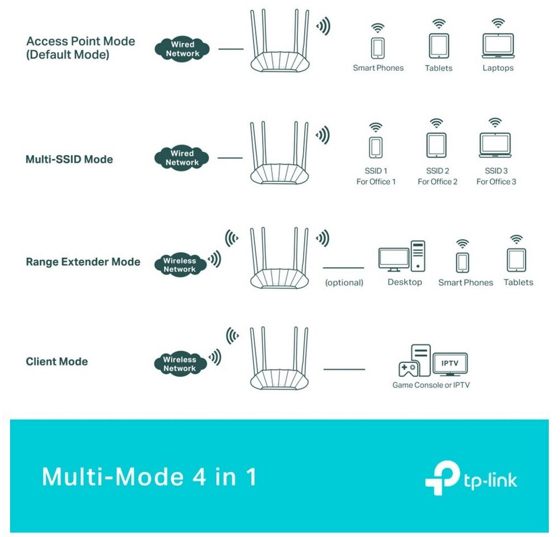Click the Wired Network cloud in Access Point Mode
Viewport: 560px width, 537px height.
coord(182,49)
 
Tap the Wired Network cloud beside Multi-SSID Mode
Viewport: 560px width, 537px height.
coord(182,158)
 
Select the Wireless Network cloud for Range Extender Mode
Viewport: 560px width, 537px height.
coord(180,265)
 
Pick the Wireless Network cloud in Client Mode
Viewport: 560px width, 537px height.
coord(180,364)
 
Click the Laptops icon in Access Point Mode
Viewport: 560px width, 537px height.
coord(498,46)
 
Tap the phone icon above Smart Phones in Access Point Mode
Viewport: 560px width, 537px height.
coord(378,47)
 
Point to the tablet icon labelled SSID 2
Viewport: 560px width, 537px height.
coord(437,145)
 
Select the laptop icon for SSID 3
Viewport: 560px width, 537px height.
coord(494,145)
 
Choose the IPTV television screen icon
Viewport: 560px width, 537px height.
coord(450,365)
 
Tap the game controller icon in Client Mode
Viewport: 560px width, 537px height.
coord(407,369)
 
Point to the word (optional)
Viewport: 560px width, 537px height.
coord(344,283)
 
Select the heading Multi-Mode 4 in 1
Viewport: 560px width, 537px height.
coord(149,477)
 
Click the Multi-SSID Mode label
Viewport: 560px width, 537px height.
coord(69,159)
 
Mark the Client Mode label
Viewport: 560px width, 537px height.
coord(57,361)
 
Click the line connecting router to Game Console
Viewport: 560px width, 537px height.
coord(344,370)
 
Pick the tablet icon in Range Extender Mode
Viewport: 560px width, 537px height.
coord(516,260)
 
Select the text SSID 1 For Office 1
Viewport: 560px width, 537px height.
coord(376,176)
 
